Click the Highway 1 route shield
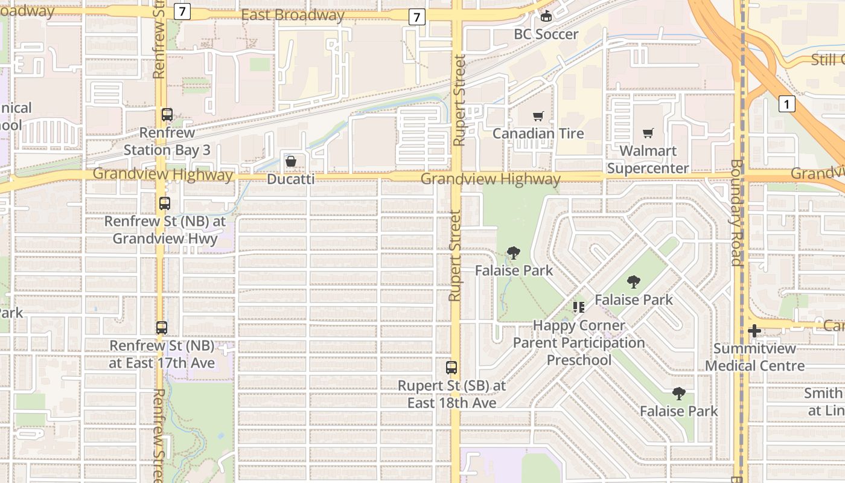coord(786,104)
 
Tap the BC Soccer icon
coord(546,16)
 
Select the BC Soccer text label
coord(546,34)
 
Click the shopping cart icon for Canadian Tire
coord(538,116)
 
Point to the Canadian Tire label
coord(538,133)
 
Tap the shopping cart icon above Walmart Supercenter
coord(648,133)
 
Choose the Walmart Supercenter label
coord(648,159)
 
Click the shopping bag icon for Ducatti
coord(291,161)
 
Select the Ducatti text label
coord(291,179)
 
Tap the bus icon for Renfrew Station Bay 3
coord(167,115)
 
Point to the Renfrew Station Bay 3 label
coord(167,141)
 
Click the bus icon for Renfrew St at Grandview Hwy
coord(165,203)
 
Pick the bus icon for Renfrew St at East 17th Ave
coord(162,328)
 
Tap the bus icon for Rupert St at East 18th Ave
coord(451,367)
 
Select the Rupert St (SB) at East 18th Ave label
coord(451,394)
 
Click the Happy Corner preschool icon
coord(579,307)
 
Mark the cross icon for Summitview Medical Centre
coord(754,331)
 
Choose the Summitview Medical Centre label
coord(754,357)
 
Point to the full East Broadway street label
coord(293,15)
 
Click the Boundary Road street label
coord(736,213)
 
